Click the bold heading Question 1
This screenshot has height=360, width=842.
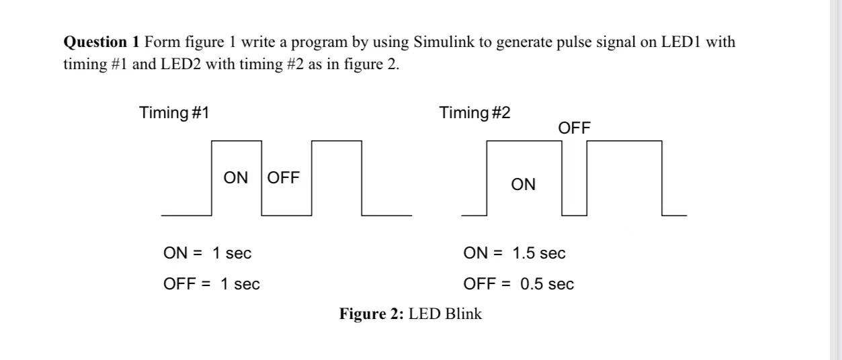click(x=101, y=42)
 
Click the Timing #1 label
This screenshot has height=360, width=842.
click(x=174, y=113)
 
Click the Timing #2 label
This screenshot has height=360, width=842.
click(x=475, y=113)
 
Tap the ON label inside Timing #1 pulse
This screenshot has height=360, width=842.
click(x=236, y=178)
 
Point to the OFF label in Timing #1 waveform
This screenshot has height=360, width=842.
click(x=284, y=178)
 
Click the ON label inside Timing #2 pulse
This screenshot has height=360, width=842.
click(x=523, y=185)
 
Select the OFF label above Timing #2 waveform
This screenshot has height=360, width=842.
click(x=575, y=128)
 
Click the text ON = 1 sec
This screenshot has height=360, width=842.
click(x=208, y=253)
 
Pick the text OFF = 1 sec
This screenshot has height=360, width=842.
click(x=212, y=283)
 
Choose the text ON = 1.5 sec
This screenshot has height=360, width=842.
click(x=515, y=253)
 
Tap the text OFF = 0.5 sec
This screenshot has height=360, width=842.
click(x=519, y=283)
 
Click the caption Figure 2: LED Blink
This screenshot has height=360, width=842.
click(x=411, y=314)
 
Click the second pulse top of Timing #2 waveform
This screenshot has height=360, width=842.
click(x=624, y=142)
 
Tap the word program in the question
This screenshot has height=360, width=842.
click(x=315, y=42)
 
